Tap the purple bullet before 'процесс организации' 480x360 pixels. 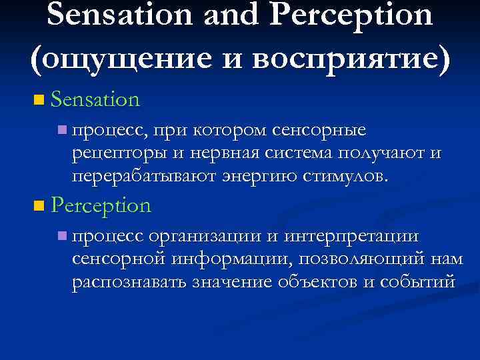coord(62,235)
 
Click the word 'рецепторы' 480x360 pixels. coord(115,154)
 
